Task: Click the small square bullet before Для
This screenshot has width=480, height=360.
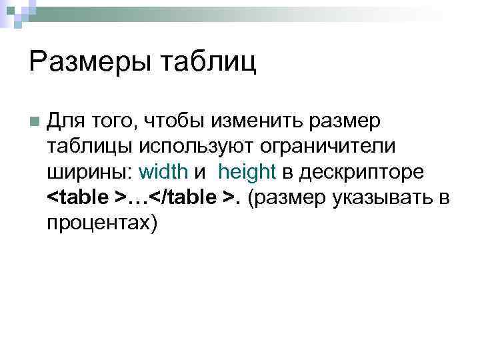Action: (x=33, y=121)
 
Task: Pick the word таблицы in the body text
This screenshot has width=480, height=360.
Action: (x=90, y=146)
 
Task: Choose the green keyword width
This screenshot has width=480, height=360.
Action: (x=163, y=171)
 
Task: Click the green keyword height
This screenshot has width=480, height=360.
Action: (x=247, y=171)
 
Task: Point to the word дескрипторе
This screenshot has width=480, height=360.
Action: (x=361, y=171)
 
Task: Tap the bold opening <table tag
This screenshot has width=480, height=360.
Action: (x=80, y=197)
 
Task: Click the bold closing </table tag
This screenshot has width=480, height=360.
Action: (x=184, y=197)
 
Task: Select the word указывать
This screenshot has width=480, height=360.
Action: (x=379, y=197)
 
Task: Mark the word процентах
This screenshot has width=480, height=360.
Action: (x=102, y=222)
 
